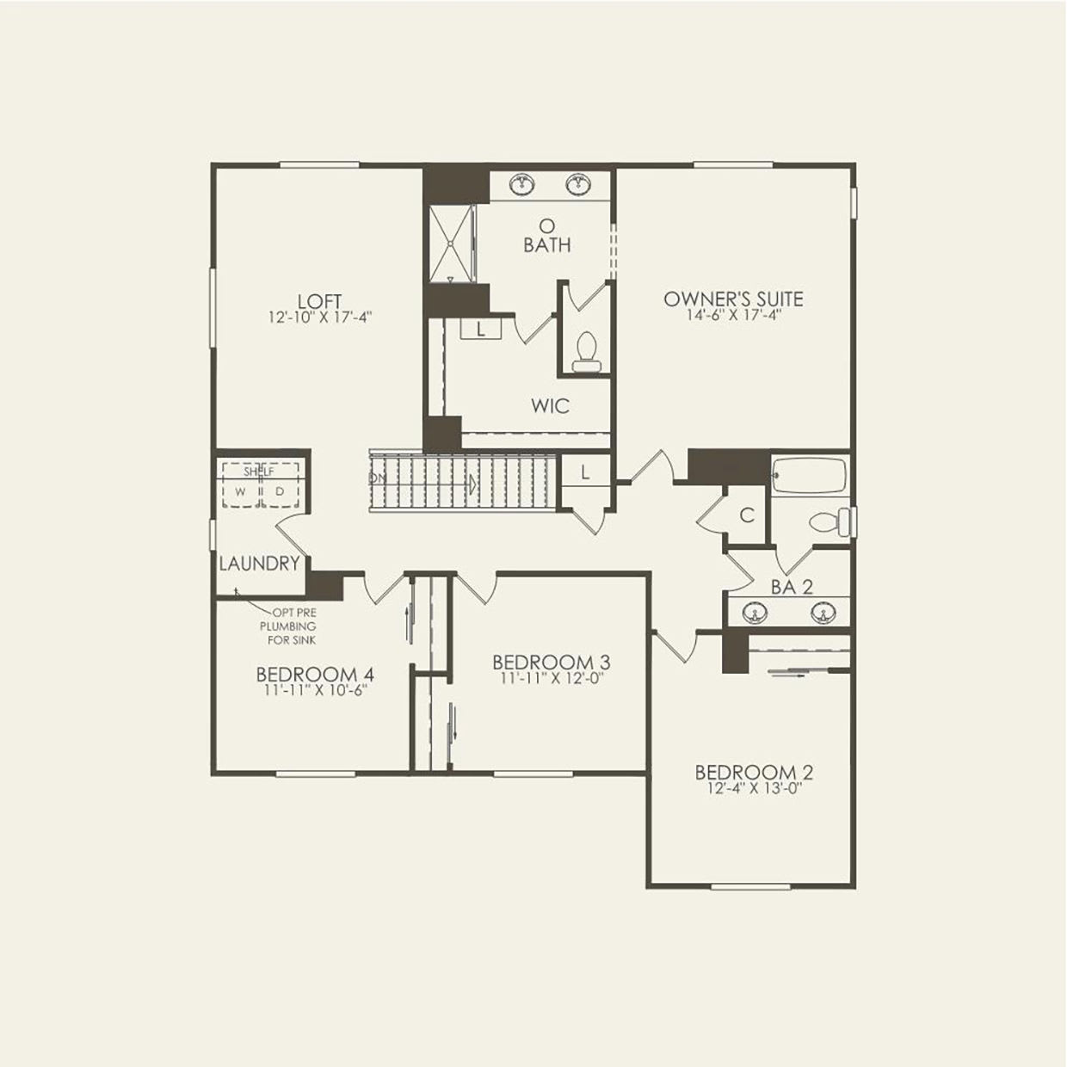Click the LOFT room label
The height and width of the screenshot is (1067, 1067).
319,301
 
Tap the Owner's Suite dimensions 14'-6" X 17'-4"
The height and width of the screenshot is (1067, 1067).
733,315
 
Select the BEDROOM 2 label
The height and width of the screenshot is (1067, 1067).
754,772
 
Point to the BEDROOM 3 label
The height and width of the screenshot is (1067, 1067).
551,662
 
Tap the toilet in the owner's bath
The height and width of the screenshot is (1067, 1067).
585,352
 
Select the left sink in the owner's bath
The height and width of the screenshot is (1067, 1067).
521,184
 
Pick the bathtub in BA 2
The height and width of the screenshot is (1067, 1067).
809,476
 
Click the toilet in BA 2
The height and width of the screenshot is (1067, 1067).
829,521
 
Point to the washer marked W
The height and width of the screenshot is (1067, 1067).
241,491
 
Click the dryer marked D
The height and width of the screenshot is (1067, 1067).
279,491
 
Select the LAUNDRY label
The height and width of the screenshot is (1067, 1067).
258,564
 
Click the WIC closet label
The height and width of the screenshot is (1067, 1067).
550,405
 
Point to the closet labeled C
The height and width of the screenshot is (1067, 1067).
747,515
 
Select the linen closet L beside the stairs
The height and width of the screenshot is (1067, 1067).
585,472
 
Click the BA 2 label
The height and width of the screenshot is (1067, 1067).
792,588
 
